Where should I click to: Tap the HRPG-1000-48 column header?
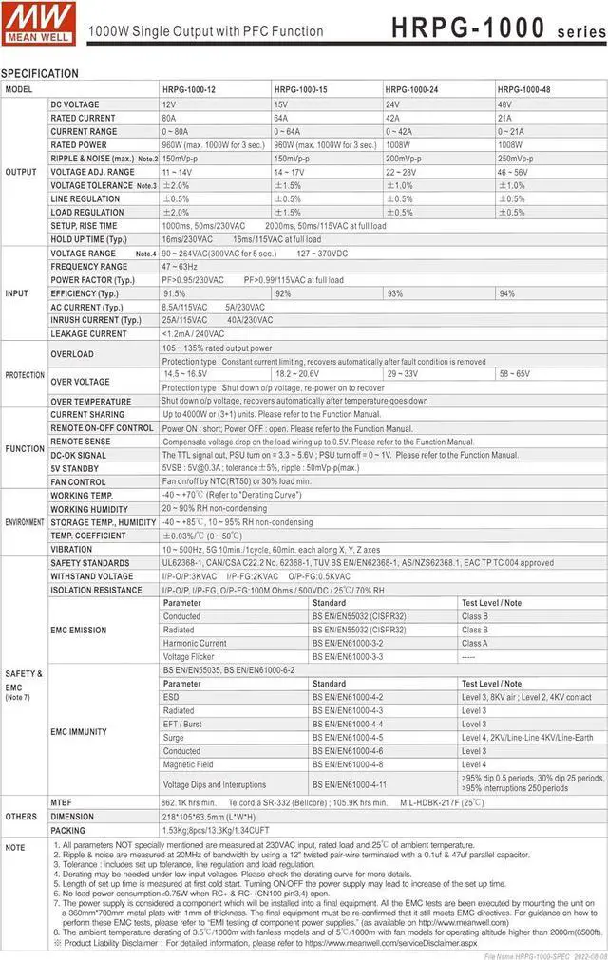524,89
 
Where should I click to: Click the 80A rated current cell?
169,118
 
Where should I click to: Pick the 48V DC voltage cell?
505,104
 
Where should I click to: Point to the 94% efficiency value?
506,293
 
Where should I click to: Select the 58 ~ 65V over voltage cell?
515,374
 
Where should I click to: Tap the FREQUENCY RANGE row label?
88,267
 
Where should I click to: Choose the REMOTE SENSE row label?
81,442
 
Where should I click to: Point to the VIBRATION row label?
71,549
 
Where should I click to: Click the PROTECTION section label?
24,375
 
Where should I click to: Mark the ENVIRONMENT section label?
24,522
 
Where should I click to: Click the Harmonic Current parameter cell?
194,643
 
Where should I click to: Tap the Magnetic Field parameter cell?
188,764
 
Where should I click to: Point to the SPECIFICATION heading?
40,73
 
